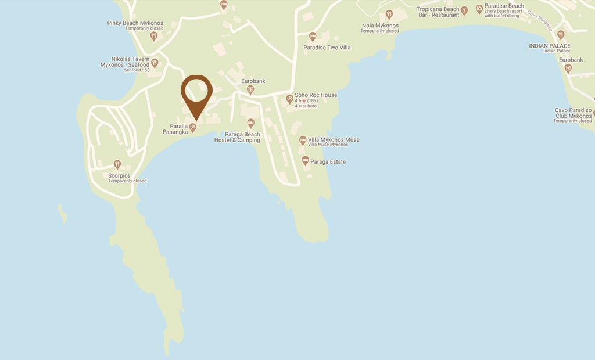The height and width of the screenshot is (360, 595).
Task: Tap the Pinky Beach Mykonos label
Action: pos(135,23)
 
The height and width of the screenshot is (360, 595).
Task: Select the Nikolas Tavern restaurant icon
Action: pos(155,63)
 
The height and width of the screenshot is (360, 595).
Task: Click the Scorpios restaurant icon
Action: pos(117,164)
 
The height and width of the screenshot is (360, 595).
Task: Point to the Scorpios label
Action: pos(119,175)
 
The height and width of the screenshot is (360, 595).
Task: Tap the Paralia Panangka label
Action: pos(175,128)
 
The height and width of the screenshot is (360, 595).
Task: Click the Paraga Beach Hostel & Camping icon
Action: pos(250,123)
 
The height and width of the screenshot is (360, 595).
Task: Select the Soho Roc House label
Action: pos(316,95)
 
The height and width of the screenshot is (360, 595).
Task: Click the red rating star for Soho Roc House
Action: pos(304,101)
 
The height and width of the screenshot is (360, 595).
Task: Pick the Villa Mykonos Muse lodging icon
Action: pos(303,141)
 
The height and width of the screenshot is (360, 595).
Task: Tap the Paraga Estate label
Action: pos(328,161)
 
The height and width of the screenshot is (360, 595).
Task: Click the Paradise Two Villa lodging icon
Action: pos(313,37)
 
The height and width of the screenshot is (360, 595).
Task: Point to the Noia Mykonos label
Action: pos(380,25)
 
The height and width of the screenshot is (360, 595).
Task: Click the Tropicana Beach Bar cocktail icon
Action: pos(464,10)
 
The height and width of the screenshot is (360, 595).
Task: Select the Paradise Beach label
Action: pos(504,6)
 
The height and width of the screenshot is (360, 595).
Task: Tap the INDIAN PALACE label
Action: pos(549,46)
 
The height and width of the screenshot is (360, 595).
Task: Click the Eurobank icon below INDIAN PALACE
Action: pos(568,68)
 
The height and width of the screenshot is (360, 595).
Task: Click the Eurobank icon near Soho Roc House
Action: pos(250,89)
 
